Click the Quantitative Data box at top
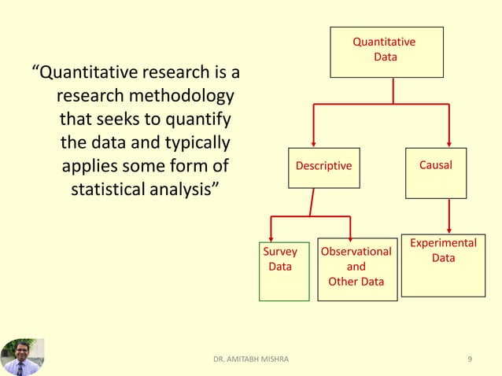386,52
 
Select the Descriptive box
323,167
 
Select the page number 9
470,359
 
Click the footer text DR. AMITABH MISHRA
251,359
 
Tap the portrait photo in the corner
22,356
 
